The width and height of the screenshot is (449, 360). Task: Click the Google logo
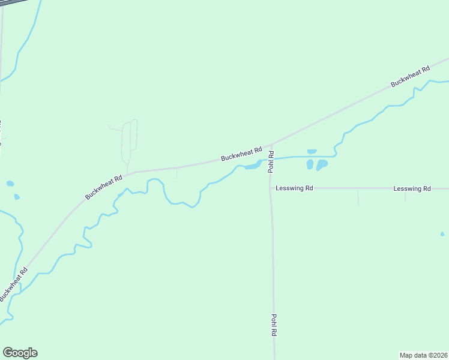[x=20, y=353]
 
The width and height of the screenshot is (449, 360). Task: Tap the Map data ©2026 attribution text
[x=423, y=355]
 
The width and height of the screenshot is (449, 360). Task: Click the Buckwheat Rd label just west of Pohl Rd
[x=242, y=154]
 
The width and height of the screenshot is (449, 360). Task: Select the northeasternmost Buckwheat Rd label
[x=411, y=76]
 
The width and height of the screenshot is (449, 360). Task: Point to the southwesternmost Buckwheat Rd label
[x=13, y=284]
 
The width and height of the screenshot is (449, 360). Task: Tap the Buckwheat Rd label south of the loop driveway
[x=104, y=187]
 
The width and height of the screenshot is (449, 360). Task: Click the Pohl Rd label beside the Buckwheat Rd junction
[x=271, y=162]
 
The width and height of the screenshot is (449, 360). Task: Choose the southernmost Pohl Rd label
[x=274, y=325]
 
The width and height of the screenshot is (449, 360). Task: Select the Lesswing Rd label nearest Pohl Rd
[x=294, y=188]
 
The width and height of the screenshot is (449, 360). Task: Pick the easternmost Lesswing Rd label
[x=412, y=188]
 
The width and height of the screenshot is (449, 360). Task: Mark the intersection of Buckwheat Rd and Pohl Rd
[x=271, y=145]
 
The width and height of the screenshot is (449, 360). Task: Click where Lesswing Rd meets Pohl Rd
[x=271, y=188]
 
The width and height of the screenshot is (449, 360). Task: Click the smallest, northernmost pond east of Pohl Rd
[x=312, y=151]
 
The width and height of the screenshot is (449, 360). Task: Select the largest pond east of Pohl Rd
[x=322, y=164]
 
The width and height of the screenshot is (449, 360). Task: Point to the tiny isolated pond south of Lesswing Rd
[x=442, y=233]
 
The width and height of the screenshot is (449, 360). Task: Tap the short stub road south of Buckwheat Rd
[x=176, y=173]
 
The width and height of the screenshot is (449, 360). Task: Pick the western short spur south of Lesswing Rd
[x=358, y=196]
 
